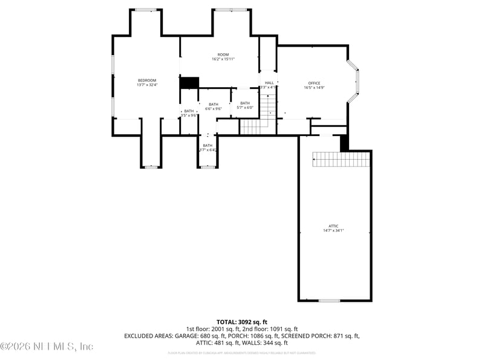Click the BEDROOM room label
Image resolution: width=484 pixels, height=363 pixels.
pos(146,80)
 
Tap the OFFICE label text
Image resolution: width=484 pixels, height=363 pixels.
pos(314,83)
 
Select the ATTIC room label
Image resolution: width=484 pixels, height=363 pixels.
pos(333,226)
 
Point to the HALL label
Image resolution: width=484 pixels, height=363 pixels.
pos(269,83)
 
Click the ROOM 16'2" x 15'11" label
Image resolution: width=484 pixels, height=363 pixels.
pos(223,59)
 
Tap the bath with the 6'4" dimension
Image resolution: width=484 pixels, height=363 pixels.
pos(208,149)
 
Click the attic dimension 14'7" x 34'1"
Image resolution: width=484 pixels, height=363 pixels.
pos(333,230)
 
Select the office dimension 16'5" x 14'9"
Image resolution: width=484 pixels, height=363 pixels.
pos(314,88)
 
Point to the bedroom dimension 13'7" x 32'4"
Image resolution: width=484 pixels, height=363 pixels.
pos(146,85)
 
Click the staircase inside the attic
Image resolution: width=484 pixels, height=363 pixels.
pos(341,160)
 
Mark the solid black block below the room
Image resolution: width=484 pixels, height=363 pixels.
pos(190,82)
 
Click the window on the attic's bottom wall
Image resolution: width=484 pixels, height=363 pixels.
pos(329,300)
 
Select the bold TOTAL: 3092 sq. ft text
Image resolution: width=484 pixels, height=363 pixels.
pos(241,322)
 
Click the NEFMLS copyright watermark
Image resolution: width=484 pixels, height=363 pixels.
pos(47,347)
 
